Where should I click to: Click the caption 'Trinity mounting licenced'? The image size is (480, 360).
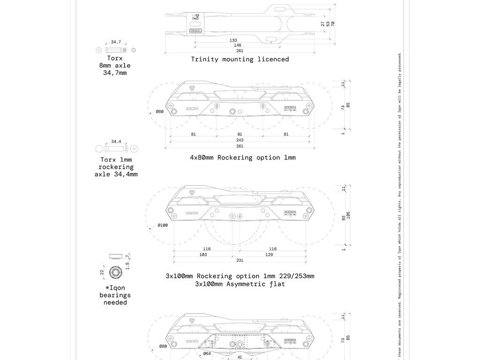(240, 60)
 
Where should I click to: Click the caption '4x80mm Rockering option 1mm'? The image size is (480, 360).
(243, 157)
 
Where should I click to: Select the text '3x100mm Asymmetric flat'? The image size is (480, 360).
(240, 284)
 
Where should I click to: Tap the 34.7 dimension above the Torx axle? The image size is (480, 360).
(116, 42)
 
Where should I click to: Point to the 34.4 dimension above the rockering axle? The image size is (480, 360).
(116, 141)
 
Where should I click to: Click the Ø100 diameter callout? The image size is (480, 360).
(162, 225)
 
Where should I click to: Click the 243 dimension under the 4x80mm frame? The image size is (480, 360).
(240, 140)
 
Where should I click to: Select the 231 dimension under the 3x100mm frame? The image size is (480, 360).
(240, 260)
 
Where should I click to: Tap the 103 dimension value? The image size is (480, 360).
(203, 255)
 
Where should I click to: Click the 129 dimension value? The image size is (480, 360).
(269, 255)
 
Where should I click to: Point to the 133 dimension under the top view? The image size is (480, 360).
(233, 40)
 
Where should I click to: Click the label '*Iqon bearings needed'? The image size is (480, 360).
(115, 295)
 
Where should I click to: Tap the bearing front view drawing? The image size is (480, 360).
(115, 272)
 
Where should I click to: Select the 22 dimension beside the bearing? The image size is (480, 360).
(102, 272)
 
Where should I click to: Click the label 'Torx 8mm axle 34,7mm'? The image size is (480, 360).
(115, 66)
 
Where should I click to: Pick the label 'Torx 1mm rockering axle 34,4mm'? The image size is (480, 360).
(116, 167)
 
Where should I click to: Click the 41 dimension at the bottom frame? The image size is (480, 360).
(240, 356)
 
